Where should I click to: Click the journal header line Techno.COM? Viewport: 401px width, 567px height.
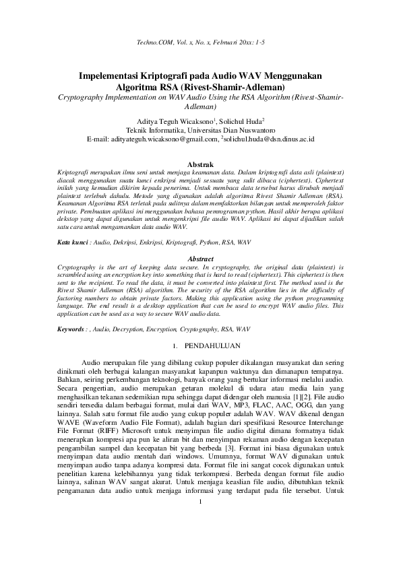click(200, 42)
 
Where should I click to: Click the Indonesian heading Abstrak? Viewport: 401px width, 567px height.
click(200, 164)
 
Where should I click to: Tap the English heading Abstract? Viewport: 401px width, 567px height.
click(200, 259)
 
